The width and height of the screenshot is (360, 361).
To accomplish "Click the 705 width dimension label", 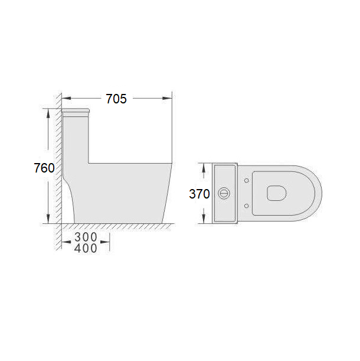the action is (116, 99).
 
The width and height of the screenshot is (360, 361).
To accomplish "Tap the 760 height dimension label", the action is (44, 168).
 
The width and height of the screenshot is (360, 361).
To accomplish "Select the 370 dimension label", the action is (199, 194).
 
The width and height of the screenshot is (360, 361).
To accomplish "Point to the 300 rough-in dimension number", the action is (86, 237).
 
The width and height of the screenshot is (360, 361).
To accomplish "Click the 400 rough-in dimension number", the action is (86, 248).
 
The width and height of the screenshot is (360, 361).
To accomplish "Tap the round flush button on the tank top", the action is (223, 194).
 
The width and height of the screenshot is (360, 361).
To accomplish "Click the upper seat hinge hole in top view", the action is (246, 181).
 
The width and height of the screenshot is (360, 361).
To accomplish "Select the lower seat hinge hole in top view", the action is (246, 206).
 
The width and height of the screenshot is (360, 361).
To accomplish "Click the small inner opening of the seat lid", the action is (277, 193).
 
